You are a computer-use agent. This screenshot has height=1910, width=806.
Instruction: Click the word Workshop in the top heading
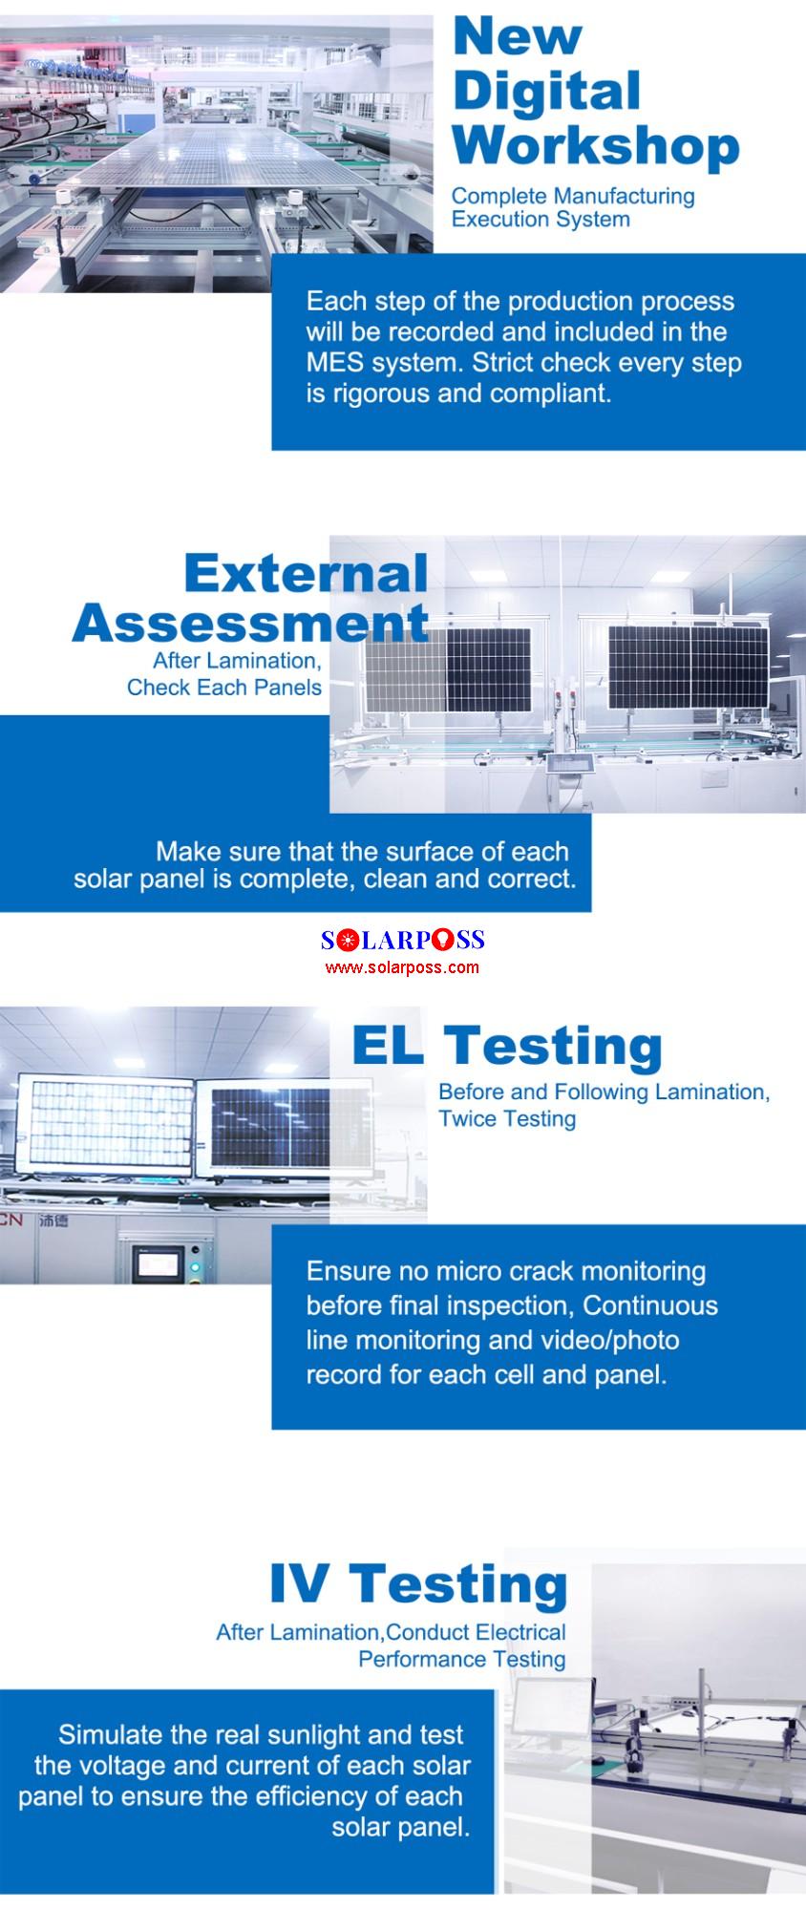point(596,145)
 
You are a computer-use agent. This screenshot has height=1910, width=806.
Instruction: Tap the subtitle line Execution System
point(541,219)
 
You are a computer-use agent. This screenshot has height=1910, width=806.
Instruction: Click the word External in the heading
point(306,573)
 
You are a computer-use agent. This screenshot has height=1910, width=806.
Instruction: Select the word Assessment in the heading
point(250,623)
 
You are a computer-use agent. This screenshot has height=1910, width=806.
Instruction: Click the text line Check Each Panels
point(224,688)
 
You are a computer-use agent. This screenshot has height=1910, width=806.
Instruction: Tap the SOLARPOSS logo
point(403,940)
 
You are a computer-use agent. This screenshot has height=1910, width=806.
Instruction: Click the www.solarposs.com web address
point(402,967)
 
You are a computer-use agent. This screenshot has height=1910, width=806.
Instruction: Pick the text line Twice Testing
point(507,1118)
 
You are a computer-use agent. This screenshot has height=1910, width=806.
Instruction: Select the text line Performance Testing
point(462,1659)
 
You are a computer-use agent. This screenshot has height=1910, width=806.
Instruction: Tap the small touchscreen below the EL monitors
point(158,1265)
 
